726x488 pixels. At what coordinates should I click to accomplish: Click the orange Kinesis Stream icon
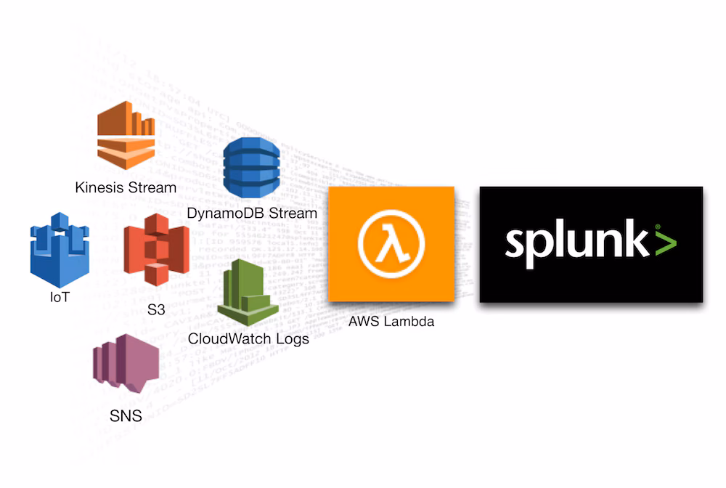coord(126,135)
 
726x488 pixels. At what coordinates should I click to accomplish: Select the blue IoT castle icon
coord(59,249)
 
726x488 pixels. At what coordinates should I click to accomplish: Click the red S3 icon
coord(156,249)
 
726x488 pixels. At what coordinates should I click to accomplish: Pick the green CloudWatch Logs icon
coord(247,290)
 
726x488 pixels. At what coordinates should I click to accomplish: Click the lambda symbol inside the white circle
coord(391,244)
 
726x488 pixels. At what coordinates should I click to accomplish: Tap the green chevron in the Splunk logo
coord(664,242)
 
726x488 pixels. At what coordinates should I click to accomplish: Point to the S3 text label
coord(155,310)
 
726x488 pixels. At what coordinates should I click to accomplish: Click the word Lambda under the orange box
coord(409,321)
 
